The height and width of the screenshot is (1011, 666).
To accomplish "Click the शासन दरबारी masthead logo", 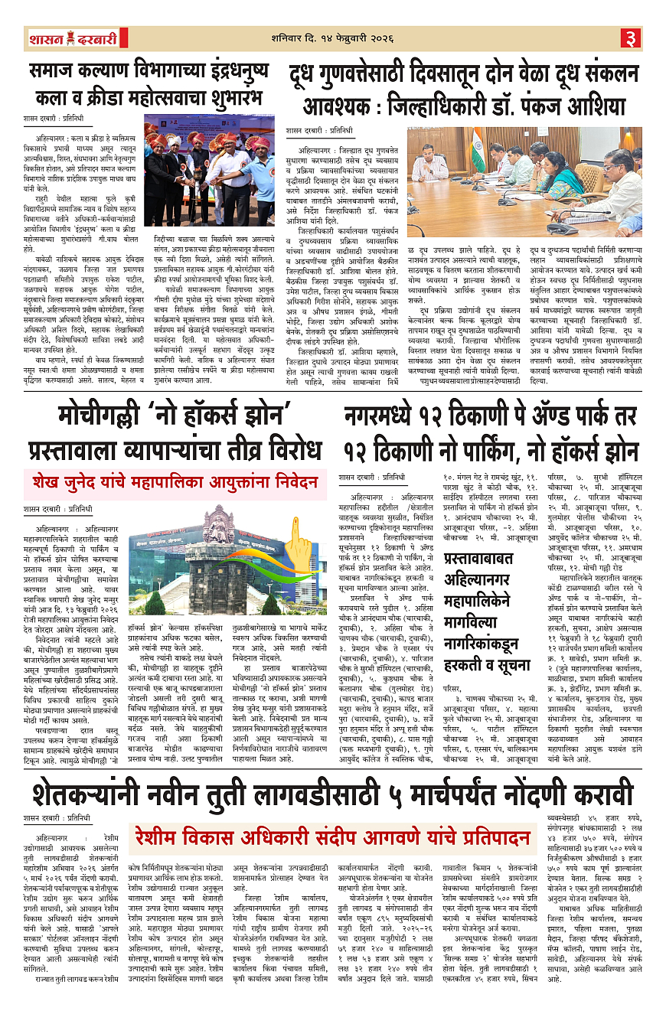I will click(x=62, y=38).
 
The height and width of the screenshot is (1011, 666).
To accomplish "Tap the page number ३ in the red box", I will click(x=630, y=38).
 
